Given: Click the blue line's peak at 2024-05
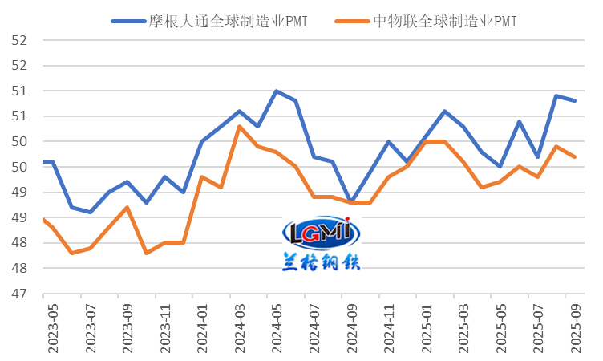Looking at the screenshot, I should coord(277,91).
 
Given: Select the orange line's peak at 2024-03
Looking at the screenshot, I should coord(239,126).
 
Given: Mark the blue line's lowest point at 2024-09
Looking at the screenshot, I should coord(351,201).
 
